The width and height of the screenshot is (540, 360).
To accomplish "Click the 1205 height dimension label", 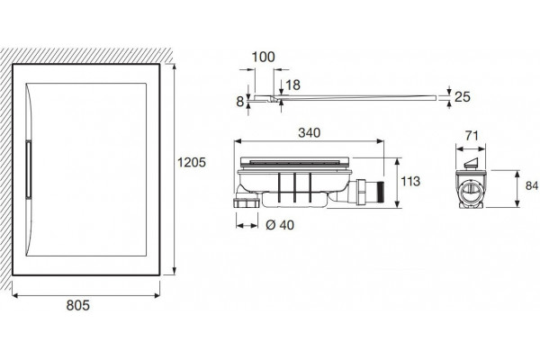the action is click(192, 162).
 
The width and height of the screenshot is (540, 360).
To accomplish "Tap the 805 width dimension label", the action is click(77, 305).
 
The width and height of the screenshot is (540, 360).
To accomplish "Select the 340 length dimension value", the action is click(310, 132).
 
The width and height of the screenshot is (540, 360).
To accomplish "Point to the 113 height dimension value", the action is click(410, 181).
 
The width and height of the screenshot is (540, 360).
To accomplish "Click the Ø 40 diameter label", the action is click(280, 225).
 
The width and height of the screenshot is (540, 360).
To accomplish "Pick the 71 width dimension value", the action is click(472, 136).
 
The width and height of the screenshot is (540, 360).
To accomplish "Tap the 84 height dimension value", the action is click(532, 185).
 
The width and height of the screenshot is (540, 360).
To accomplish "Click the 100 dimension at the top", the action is click(263, 57).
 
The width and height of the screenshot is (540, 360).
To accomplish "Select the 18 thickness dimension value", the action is click(292, 85).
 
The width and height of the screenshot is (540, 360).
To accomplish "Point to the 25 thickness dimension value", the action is click(463, 97).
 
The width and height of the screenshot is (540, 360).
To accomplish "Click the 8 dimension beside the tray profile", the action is click(240, 102).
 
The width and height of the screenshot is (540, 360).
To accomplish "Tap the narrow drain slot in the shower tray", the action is click(28, 169).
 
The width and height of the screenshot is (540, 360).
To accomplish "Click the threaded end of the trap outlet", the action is click(381, 193).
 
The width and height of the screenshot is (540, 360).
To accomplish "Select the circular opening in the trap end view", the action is click(470, 188).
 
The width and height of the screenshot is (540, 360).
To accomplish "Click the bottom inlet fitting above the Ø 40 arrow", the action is click(247, 202).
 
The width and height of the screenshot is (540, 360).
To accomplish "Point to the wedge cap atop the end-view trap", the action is click(471, 163).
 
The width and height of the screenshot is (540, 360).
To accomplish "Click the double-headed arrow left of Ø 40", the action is click(247, 226).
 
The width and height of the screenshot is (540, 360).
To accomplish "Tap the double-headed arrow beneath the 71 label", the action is click(471, 148).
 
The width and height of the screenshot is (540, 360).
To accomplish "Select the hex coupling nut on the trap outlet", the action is click(363, 192).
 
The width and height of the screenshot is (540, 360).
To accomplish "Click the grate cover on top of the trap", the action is click(295, 161).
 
